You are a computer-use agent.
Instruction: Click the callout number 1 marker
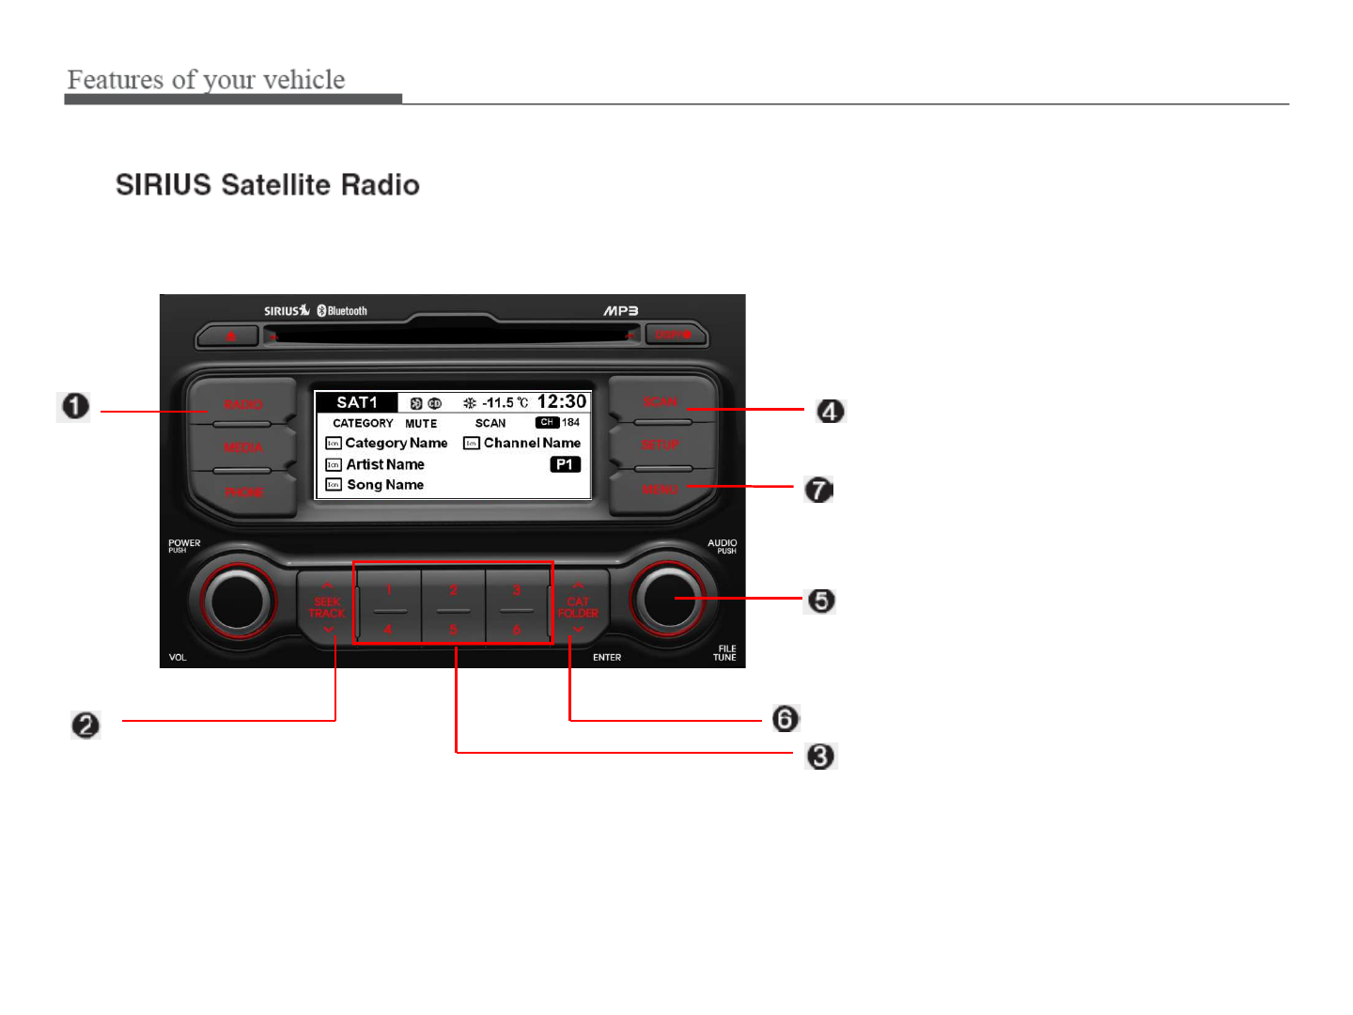75,407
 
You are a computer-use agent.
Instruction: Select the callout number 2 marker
86,725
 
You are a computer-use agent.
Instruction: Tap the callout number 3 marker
821,756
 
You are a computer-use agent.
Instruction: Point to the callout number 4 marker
830,411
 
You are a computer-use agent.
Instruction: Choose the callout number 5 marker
821,601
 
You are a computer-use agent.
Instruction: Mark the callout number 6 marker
785,719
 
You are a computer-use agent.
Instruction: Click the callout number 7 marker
819,490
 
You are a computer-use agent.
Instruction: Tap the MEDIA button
242,448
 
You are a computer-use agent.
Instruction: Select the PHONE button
243,492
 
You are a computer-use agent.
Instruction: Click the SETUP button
661,445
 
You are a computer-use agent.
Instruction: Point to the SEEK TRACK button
327,607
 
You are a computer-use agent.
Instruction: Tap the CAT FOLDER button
578,607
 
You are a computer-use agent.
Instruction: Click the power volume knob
238,601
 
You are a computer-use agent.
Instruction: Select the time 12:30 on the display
561,402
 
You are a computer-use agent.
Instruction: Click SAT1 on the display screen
357,402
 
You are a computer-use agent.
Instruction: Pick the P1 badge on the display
565,464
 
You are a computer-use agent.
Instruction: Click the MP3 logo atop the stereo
620,311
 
